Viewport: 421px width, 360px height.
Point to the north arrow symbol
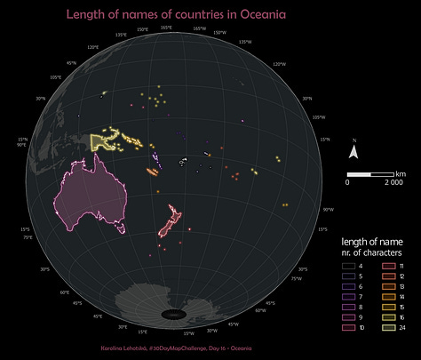353,152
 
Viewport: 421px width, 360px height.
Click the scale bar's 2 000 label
393,181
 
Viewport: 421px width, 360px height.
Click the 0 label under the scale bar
348,181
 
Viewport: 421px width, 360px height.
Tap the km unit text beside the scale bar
401,172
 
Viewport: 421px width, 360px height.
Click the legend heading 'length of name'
372,241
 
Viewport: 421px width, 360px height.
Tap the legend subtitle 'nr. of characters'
372,252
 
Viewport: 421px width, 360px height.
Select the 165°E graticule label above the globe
166,28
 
